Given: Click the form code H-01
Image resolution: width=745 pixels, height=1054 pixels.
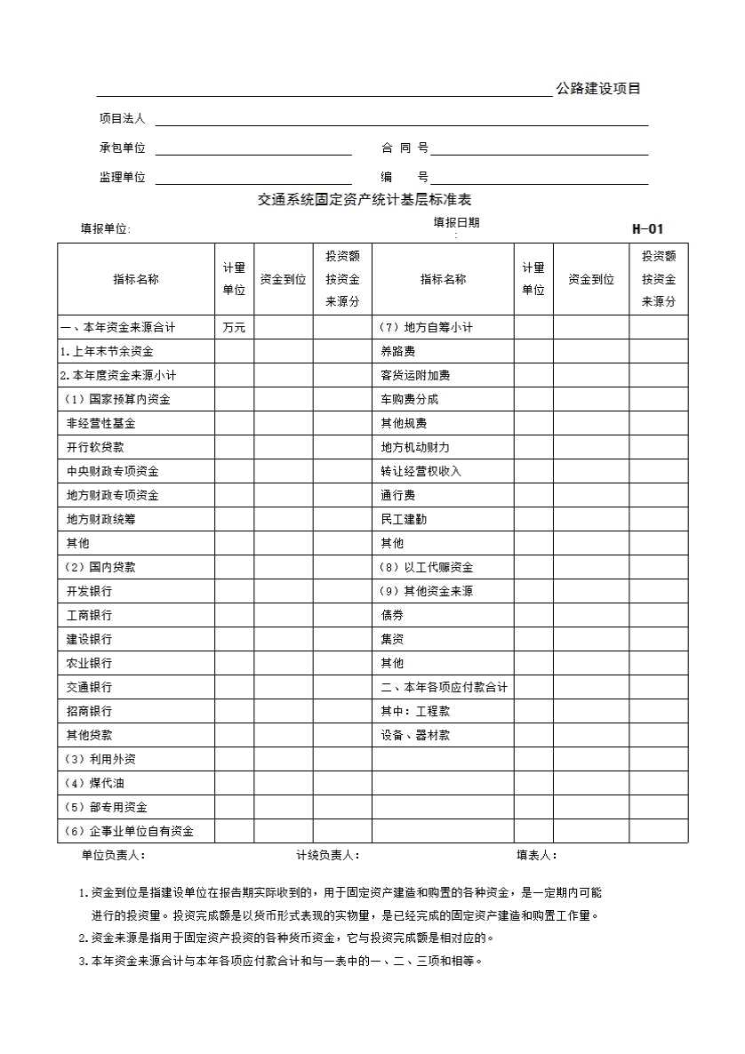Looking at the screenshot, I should point(647,228).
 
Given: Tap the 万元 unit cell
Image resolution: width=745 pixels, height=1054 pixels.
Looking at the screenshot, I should point(234,328).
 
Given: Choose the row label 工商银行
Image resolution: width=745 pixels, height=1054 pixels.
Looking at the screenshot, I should point(89,615).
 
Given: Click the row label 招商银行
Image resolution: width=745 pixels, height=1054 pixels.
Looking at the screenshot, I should point(89,711).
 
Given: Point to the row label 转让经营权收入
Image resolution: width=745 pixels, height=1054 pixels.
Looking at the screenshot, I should point(421,471).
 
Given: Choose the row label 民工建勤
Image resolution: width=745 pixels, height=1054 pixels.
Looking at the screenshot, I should point(404,519).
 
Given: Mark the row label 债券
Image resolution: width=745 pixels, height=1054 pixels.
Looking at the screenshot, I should point(392,615).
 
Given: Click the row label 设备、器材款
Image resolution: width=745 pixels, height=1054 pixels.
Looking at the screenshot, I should point(415,735).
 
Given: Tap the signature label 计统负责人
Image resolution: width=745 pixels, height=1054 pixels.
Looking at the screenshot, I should point(327,855).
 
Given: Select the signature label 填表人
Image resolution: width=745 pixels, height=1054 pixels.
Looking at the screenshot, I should point(537,855).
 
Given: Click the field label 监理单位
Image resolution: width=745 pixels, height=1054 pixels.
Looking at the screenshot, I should point(122,178).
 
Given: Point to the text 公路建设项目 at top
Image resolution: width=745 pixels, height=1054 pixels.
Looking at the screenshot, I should point(598,89).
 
